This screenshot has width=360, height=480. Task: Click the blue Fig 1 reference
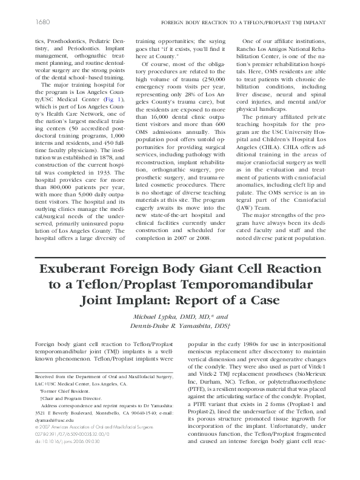[x=108, y=98]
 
